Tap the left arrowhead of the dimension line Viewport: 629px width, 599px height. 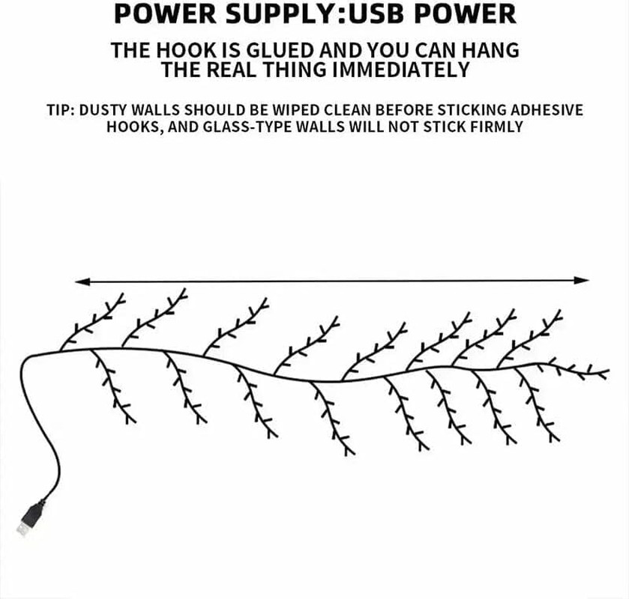pos(82,282)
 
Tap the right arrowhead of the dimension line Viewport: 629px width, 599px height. pos(581,281)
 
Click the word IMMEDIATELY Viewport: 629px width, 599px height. pos(401,70)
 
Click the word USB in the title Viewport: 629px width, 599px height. pos(376,13)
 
